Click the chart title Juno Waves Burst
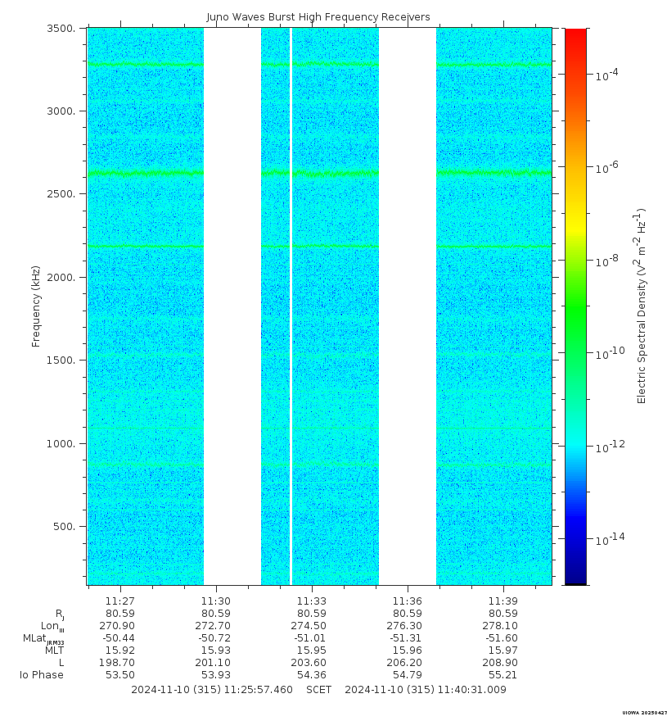coord(318,17)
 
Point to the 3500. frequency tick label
coord(63,29)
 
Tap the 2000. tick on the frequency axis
coord(63,278)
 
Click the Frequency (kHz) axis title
coord(36,306)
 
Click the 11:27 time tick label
coord(120,601)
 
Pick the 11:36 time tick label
coord(407,601)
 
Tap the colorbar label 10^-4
coord(606,75)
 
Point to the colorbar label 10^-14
coord(606,539)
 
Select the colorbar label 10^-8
coord(606,261)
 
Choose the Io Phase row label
coord(42,675)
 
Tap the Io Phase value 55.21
coord(503,675)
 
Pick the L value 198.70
coord(120,663)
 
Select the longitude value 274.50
coord(312,626)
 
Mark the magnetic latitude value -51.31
coord(407,638)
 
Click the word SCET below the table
coord(318,690)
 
